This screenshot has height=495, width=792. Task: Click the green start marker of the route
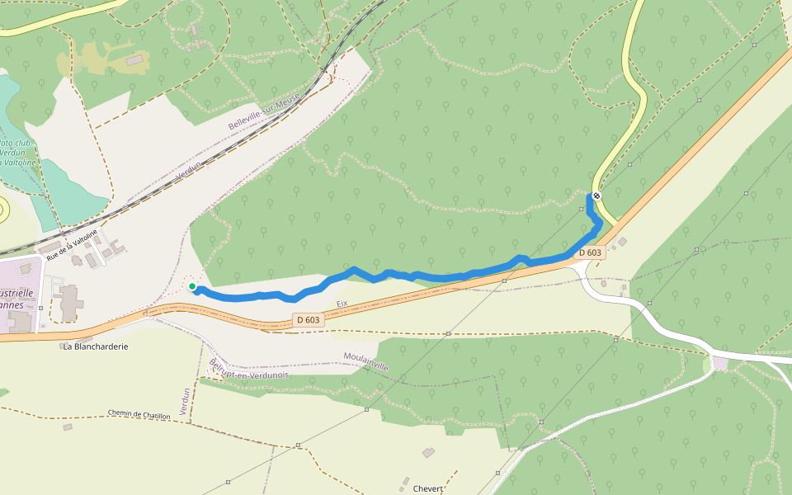(x=192, y=286)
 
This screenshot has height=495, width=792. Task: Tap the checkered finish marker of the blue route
(x=596, y=196)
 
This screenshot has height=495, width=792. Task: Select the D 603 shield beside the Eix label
(x=307, y=319)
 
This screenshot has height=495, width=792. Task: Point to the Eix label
(x=342, y=304)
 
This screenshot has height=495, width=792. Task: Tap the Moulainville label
(x=365, y=361)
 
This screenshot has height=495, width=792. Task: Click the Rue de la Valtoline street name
(x=72, y=245)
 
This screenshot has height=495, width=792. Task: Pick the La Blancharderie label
(x=96, y=346)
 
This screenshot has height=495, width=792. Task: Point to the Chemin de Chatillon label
(x=139, y=414)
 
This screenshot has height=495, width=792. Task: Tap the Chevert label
(x=428, y=488)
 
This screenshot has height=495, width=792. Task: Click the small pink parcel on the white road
(x=720, y=363)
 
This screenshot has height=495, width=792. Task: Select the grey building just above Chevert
(x=428, y=453)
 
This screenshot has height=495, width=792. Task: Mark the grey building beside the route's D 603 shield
(x=622, y=242)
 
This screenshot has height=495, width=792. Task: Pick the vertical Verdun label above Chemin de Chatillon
(x=185, y=402)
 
